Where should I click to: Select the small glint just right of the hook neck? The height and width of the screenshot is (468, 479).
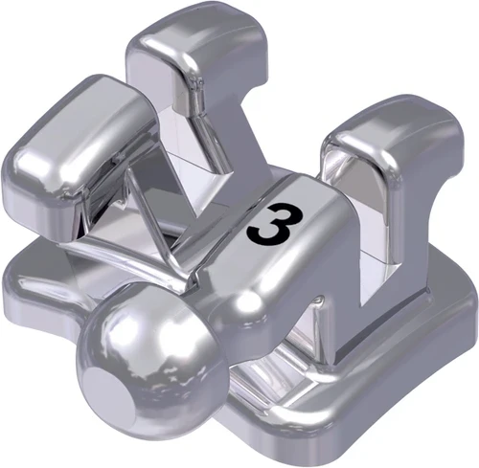click(x=251, y=304)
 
